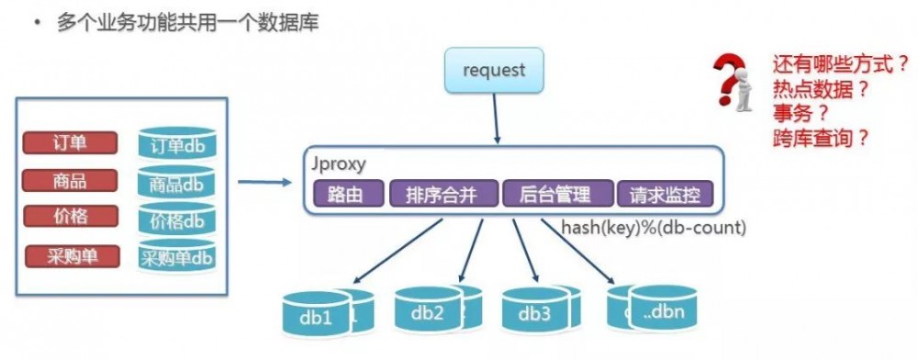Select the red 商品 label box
(x=71, y=179)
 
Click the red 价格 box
(x=71, y=216)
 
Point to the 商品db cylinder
(x=176, y=184)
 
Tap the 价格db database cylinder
(x=176, y=220)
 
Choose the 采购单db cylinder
(x=176, y=258)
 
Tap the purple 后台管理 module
(x=558, y=194)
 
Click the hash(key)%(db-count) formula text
(x=654, y=227)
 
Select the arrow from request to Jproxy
(x=496, y=118)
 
